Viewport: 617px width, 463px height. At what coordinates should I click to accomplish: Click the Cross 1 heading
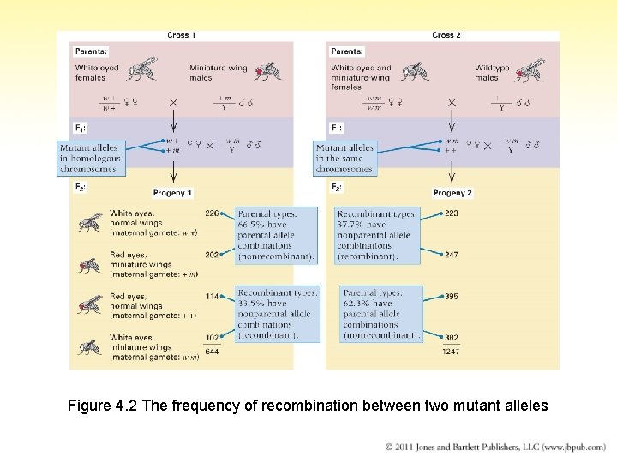181,35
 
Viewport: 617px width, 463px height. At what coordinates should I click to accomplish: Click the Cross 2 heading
446,35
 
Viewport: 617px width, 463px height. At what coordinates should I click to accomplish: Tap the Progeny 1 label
173,193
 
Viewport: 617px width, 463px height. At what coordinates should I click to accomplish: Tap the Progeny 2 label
452,193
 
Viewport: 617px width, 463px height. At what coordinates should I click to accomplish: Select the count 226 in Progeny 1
212,213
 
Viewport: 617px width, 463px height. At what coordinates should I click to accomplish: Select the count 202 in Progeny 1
212,255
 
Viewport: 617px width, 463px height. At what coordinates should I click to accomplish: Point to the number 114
212,297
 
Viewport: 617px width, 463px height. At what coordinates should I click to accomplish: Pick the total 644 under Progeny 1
212,352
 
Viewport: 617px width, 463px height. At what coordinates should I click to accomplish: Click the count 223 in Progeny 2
451,213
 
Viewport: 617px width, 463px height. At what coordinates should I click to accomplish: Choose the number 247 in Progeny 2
451,255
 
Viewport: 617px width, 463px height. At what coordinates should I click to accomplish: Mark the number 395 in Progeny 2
451,297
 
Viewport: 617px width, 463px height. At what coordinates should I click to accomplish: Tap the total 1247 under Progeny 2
451,352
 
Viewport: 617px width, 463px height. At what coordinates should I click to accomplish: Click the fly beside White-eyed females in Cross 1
142,69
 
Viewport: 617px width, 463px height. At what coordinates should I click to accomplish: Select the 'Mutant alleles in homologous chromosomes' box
91,159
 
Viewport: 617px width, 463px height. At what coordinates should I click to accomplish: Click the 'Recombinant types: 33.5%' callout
278,314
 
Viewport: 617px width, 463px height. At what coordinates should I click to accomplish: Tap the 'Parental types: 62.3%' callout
381,314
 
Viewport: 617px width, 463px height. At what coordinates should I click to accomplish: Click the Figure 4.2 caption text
308,406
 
